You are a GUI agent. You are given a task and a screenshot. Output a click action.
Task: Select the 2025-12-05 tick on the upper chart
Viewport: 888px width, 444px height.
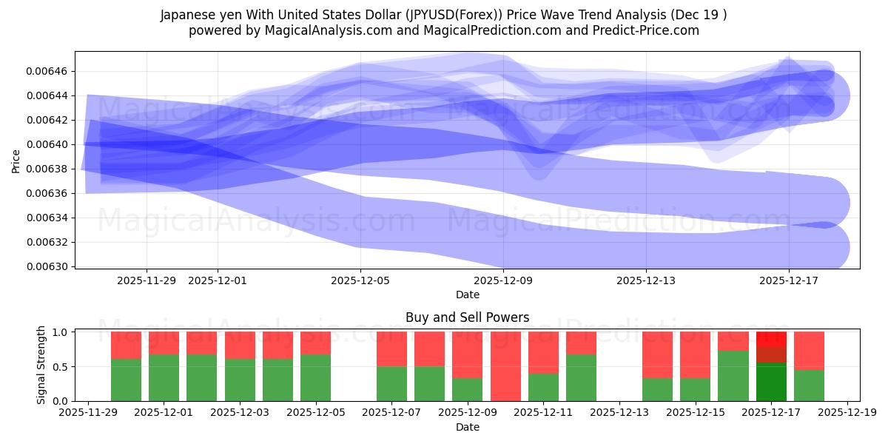(360, 280)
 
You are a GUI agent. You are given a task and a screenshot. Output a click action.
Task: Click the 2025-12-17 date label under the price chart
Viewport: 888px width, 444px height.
(788, 280)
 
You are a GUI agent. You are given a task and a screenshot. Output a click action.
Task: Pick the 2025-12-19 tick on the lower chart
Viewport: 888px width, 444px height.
(847, 414)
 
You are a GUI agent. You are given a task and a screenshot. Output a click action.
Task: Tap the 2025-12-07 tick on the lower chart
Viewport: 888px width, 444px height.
(391, 414)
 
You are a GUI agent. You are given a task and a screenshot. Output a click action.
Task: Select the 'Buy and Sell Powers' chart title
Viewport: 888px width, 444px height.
(467, 317)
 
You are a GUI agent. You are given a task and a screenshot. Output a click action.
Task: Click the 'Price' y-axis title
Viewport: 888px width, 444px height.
(16, 160)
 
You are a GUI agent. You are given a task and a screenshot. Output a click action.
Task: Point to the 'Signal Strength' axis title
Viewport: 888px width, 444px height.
(41, 365)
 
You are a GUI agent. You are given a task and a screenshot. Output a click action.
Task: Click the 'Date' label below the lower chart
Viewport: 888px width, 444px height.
(467, 427)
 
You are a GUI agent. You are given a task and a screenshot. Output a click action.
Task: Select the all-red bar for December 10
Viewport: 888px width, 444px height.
(505, 366)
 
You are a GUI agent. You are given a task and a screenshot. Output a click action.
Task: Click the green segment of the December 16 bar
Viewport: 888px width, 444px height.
(733, 376)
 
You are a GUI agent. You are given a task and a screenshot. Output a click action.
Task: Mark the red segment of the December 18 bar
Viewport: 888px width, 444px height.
(809, 350)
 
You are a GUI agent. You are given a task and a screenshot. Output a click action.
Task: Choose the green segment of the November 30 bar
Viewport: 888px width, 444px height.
(126, 380)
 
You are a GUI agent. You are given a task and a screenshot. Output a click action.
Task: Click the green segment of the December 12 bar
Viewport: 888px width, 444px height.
(581, 377)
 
